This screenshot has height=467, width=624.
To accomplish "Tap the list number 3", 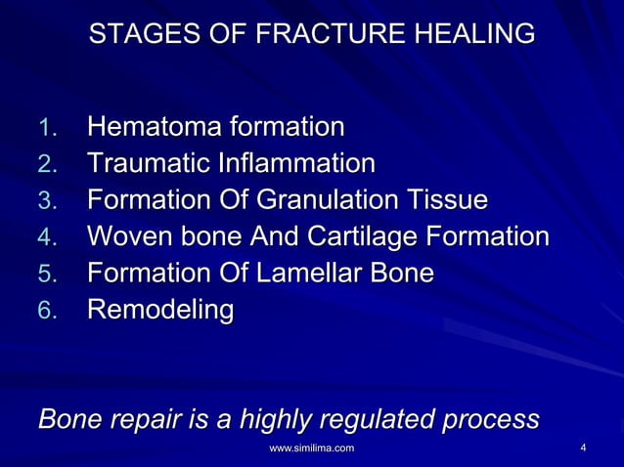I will click(x=47, y=201).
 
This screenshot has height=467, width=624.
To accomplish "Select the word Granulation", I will click(x=327, y=200).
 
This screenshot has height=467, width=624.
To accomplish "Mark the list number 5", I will click(x=47, y=276).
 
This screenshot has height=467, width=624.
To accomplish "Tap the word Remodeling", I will click(x=160, y=312).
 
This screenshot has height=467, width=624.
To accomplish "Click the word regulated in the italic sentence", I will click(x=377, y=420).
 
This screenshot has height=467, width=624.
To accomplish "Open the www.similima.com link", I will click(x=311, y=448).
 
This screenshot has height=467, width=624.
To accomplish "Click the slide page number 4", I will click(x=583, y=448).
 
